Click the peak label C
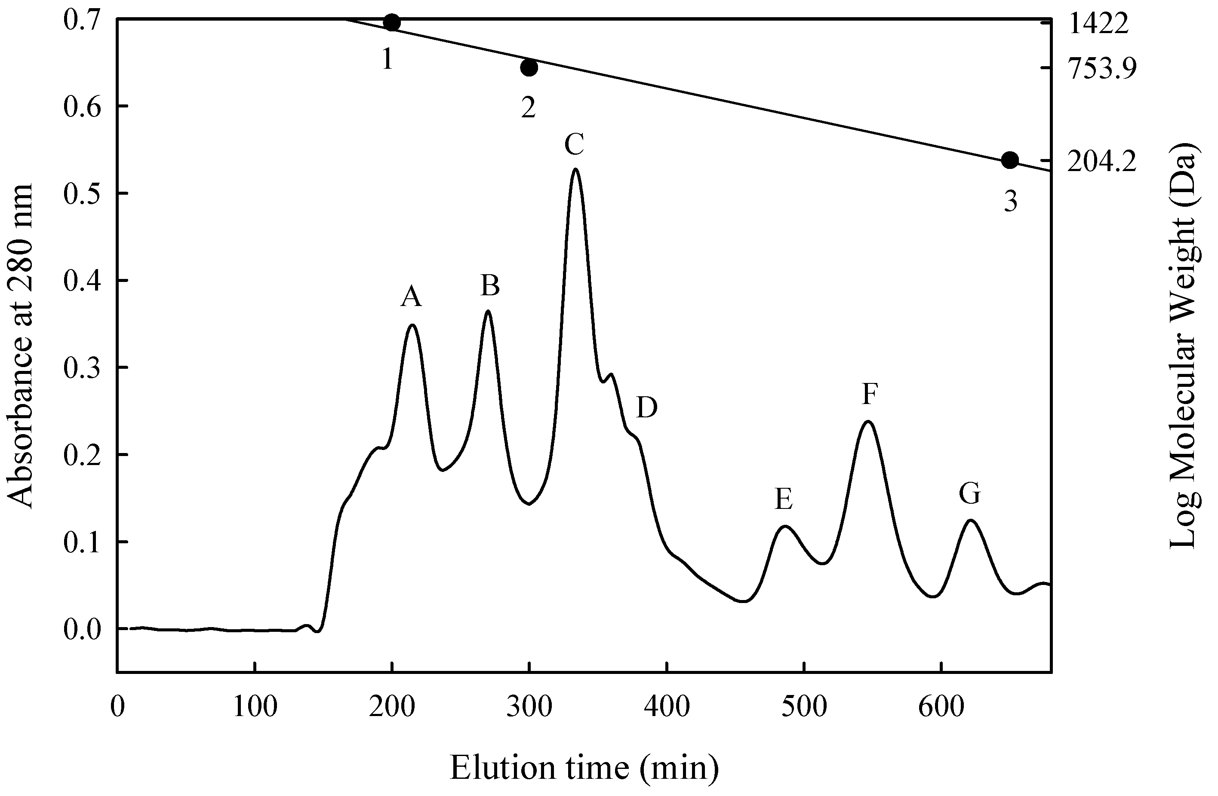574,145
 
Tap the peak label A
411,297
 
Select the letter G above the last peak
969,494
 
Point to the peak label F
870,395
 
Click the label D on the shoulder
647,408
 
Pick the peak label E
784,499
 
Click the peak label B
490,286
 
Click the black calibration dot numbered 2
529,67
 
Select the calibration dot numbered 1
391,22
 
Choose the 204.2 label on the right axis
1102,162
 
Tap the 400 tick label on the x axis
667,707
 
